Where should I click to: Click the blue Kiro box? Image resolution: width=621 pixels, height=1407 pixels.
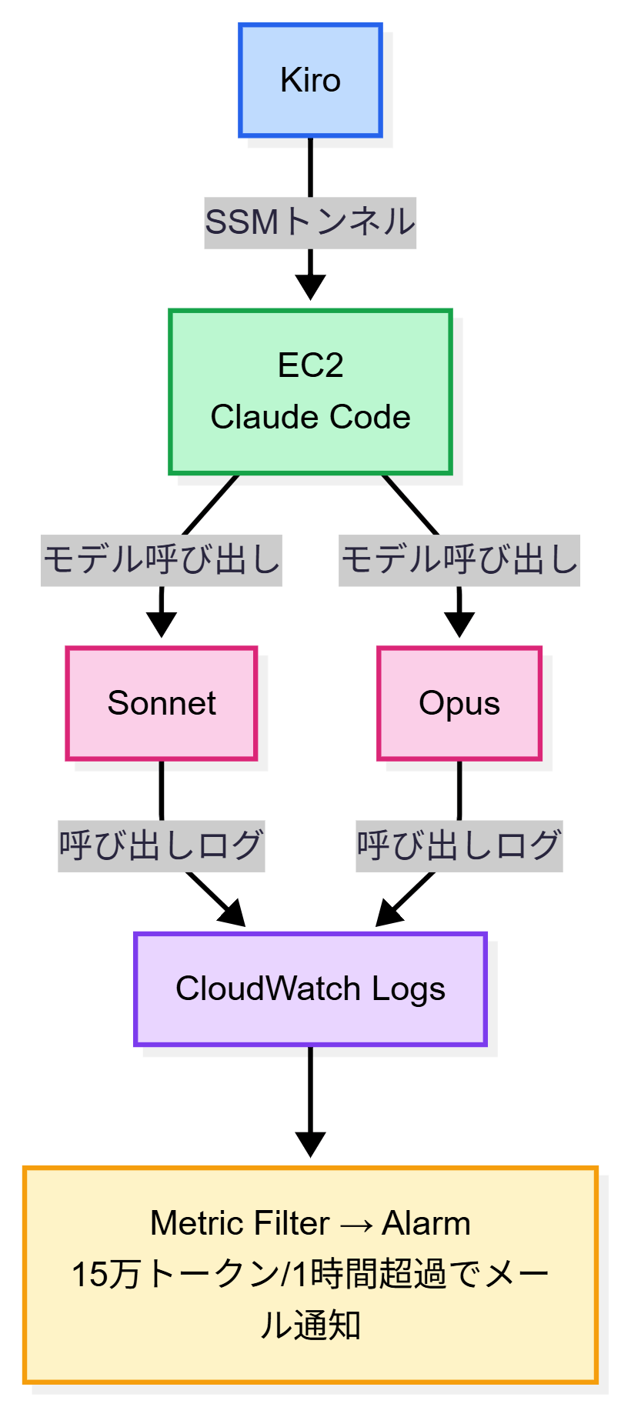point(310,80)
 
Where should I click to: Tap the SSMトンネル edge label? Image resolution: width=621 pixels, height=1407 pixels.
point(310,222)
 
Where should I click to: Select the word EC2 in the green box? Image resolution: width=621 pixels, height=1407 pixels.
point(310,365)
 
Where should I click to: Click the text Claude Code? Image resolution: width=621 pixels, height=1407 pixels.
point(310,417)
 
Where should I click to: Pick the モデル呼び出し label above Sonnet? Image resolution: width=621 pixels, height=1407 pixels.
point(162,560)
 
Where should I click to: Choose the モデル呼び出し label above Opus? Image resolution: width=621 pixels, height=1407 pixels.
point(459,560)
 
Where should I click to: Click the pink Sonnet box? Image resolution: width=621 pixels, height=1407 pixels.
point(162,703)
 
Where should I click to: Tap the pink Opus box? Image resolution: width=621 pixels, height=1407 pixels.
point(459,703)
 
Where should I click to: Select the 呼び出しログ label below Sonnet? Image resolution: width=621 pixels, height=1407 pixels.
point(162,845)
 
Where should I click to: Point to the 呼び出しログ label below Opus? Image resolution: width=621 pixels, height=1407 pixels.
point(459,845)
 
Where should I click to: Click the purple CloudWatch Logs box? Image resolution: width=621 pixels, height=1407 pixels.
point(310,989)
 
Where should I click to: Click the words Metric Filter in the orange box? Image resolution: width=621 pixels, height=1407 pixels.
point(239,1223)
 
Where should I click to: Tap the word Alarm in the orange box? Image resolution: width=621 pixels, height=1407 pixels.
point(426,1223)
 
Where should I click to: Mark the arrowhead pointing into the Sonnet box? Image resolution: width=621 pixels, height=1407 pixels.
point(162,625)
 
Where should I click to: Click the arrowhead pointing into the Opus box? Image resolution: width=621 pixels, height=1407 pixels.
point(459,625)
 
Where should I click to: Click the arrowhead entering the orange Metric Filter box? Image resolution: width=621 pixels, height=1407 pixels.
point(310,1145)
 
